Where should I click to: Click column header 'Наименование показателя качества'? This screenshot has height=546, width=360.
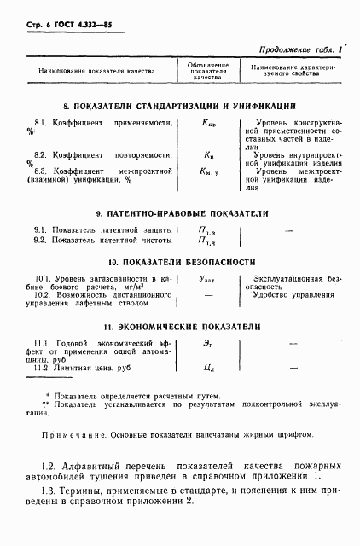[x=97, y=70]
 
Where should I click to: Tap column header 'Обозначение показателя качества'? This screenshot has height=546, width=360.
[x=207, y=70]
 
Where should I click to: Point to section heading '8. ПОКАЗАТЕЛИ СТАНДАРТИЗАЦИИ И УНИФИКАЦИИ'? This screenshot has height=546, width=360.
[x=179, y=106]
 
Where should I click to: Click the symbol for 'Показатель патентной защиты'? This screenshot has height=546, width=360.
[x=207, y=230]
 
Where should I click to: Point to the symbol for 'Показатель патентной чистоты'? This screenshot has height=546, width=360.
[x=207, y=241]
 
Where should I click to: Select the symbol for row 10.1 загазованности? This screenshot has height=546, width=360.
[x=207, y=279]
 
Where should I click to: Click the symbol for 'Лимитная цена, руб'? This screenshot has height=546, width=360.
[x=207, y=368]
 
